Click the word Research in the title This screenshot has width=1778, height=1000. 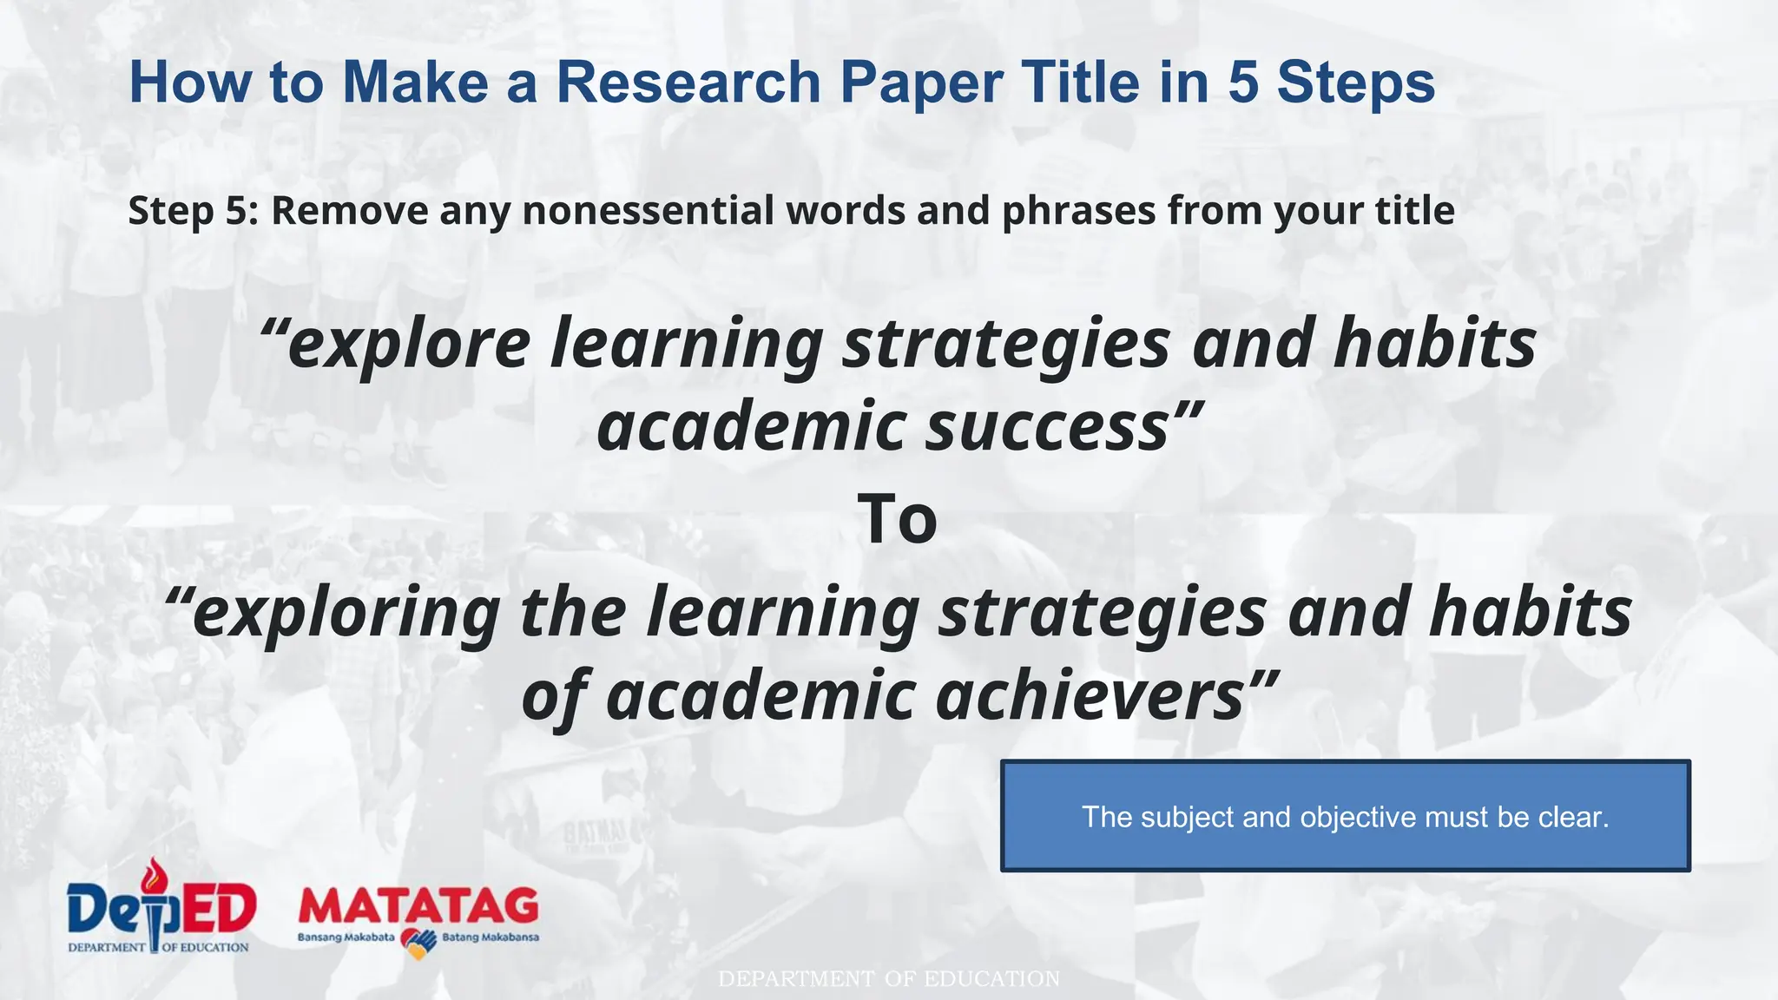click(688, 82)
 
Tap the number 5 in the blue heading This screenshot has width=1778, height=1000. click(1243, 82)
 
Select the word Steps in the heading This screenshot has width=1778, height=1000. click(1355, 84)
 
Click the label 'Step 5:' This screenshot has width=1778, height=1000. click(193, 211)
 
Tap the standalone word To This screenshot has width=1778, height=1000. click(897, 519)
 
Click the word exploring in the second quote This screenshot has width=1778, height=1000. click(346, 613)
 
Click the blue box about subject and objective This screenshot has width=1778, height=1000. click(1345, 816)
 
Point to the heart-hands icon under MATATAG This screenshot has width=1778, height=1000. click(418, 943)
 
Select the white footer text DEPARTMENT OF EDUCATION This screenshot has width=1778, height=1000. click(889, 979)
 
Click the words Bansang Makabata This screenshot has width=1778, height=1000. click(346, 937)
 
